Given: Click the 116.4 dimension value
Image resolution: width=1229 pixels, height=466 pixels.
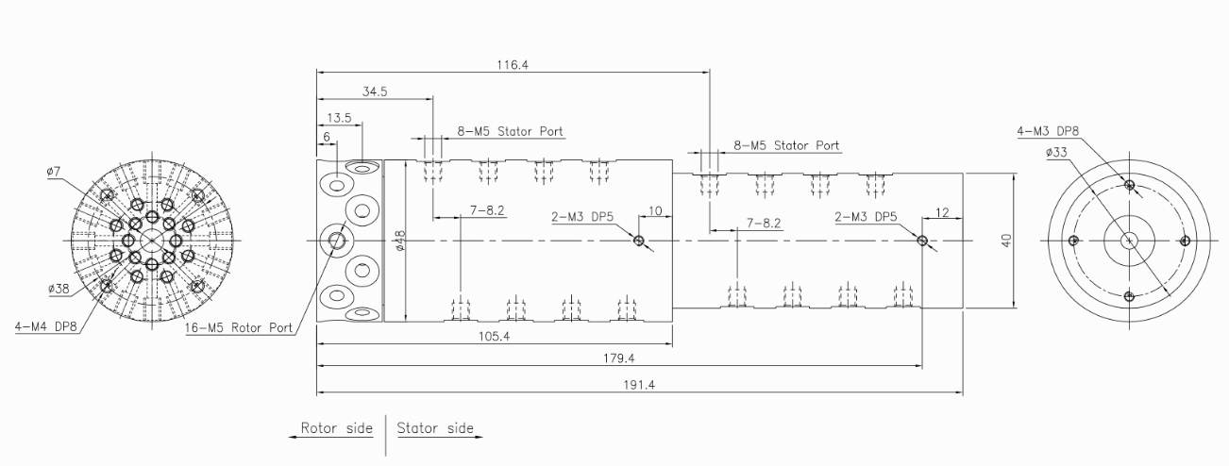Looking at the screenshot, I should [x=513, y=64].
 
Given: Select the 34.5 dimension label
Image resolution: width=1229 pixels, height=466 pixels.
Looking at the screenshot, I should [x=374, y=92].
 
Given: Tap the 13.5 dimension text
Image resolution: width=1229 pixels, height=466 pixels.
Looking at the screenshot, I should [x=339, y=118].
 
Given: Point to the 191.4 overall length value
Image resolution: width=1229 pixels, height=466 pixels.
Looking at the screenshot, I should [x=639, y=385].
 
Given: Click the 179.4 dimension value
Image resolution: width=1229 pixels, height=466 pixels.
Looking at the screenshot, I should [x=619, y=358].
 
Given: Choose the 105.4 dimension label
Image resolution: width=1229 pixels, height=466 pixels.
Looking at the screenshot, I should [x=495, y=337].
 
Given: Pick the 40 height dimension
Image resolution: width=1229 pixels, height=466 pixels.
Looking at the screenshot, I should [x=1007, y=241].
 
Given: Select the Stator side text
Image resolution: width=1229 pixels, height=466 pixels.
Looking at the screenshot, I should [x=434, y=428].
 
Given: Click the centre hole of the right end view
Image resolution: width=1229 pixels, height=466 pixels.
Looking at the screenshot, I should [x=1129, y=241].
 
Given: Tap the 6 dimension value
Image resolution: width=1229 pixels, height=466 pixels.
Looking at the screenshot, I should [x=327, y=137].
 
